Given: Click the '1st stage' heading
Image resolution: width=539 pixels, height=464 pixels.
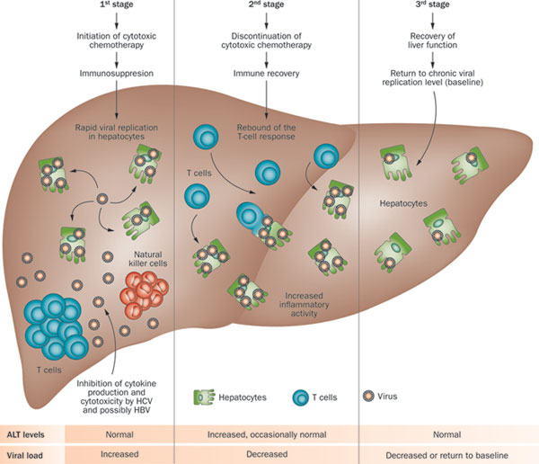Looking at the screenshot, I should coord(117,5).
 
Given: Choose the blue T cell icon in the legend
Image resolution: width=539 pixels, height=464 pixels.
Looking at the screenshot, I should coord(301,395).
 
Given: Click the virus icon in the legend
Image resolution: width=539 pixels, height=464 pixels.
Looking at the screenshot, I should coord(368,395).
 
